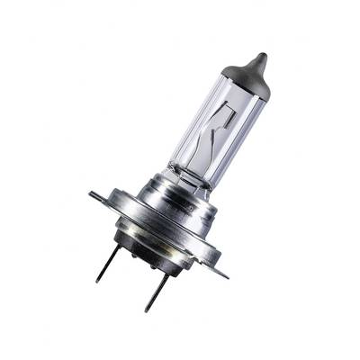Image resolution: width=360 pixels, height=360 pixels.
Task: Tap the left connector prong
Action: click(x=107, y=261)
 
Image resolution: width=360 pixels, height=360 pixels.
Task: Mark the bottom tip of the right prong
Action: click(x=147, y=311)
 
